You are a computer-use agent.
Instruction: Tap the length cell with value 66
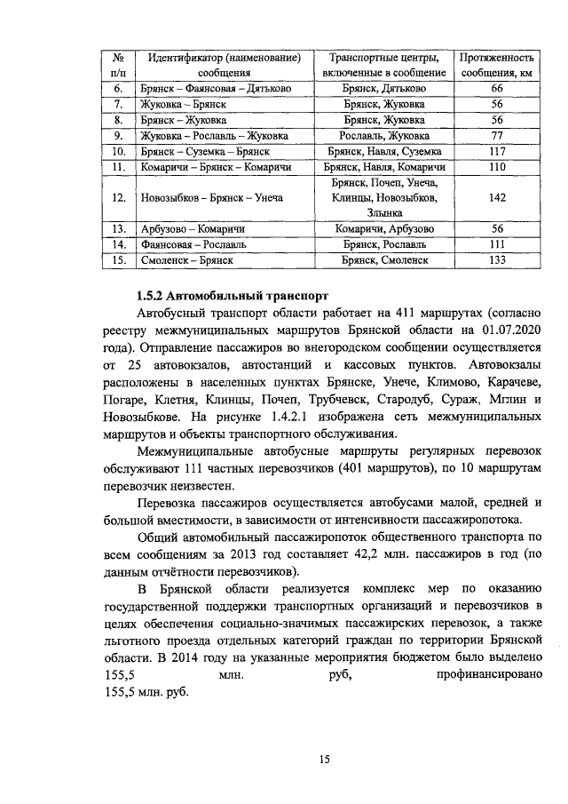tap(497, 89)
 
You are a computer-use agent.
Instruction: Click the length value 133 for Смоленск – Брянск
tap(497, 260)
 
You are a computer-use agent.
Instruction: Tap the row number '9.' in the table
tap(117, 136)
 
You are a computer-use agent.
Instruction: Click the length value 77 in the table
tap(497, 136)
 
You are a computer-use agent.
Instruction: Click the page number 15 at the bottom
tap(325, 758)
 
